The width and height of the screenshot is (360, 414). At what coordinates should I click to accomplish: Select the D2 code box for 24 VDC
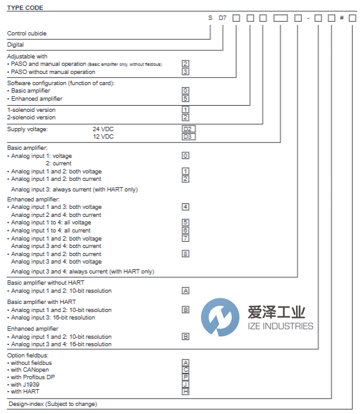point(188,129)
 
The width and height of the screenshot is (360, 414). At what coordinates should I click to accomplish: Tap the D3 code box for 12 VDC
point(188,136)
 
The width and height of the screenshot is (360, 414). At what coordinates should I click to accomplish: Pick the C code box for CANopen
point(185,369)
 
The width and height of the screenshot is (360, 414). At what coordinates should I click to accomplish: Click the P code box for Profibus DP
point(185,376)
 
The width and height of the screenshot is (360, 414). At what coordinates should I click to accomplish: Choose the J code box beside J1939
point(185,384)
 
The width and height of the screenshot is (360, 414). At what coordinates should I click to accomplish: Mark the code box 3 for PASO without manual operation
point(185,71)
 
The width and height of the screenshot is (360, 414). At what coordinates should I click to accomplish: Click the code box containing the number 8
point(185,254)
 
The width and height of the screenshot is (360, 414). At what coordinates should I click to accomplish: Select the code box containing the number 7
point(185,238)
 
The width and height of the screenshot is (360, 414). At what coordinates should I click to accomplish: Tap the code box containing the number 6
point(185,230)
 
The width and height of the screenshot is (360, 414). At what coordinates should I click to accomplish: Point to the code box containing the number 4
point(185,206)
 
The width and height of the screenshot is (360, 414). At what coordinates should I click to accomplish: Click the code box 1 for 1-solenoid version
point(185,109)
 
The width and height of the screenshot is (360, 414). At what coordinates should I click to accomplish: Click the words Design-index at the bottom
point(24,404)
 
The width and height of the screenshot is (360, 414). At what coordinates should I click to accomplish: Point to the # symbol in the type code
point(341,18)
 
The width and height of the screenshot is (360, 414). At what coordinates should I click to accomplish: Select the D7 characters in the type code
point(223,18)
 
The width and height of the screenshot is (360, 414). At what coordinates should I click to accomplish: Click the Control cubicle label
point(26,33)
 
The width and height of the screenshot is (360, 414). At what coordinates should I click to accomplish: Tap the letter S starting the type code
point(210,18)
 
